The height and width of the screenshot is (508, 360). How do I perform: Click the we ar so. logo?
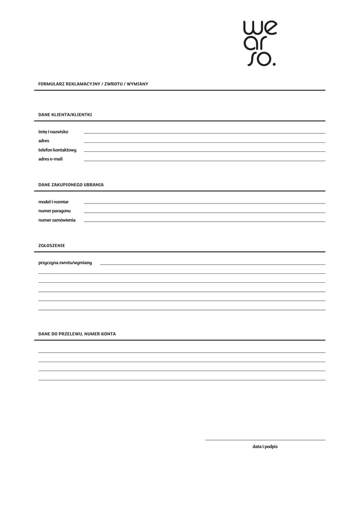click(260, 43)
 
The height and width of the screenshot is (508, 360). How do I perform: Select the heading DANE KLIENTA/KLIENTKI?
click(65, 115)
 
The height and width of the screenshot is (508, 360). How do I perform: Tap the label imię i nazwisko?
click(53, 132)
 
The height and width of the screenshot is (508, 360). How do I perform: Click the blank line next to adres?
click(205, 142)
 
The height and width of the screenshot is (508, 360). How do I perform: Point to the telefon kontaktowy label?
click(57, 150)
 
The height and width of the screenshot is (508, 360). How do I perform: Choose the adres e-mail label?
click(51, 159)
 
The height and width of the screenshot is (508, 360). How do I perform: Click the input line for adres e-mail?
click(205, 160)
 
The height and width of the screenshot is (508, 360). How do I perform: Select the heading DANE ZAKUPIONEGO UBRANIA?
click(71, 185)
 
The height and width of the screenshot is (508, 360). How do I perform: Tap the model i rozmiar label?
click(54, 202)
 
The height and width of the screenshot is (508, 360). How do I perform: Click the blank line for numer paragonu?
click(205, 212)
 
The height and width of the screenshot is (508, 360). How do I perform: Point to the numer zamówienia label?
click(57, 220)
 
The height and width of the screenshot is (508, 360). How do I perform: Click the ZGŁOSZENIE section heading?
click(52, 246)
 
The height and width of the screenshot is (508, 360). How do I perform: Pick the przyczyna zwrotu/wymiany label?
click(65, 263)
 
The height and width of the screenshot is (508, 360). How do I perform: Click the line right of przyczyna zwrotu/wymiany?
click(213, 264)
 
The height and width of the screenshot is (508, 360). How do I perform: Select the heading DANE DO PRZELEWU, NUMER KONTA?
click(77, 334)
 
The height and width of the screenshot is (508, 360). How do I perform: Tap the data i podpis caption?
click(265, 446)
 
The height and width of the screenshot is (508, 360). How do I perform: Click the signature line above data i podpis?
click(265, 440)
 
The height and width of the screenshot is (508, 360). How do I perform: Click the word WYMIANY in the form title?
click(137, 84)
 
